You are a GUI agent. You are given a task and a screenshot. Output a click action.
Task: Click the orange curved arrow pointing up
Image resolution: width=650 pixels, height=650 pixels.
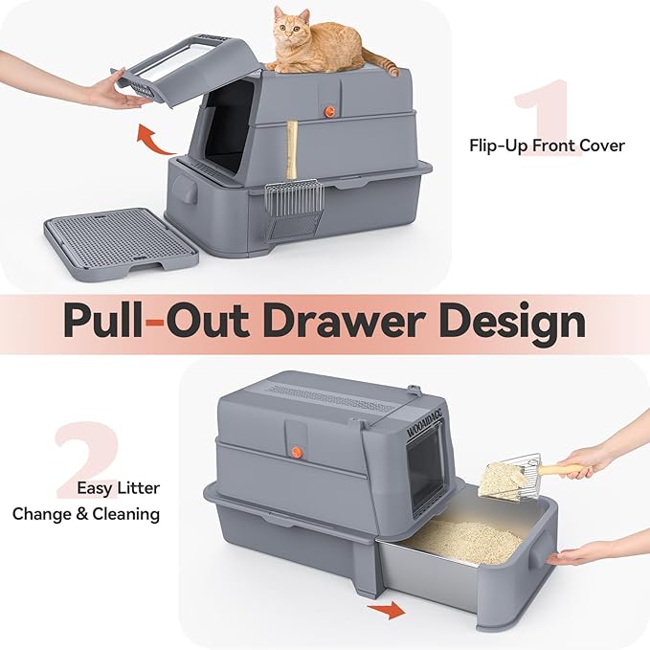[x=156, y=140]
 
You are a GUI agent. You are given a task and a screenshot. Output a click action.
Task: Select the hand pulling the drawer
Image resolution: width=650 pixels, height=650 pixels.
[x=594, y=556]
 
